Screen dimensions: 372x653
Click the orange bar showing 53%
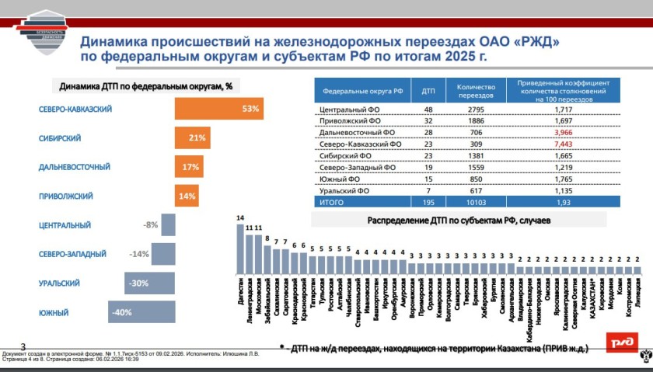click(218, 109)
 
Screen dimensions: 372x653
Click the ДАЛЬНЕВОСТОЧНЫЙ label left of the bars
click(75, 167)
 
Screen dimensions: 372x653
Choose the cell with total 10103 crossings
click(476, 201)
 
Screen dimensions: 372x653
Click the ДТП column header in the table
click(428, 90)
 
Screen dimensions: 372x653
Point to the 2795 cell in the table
click(476, 111)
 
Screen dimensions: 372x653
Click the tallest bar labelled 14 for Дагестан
click(240, 248)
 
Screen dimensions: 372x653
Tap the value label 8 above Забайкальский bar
click(267, 238)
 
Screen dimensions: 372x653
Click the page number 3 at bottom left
click(23, 346)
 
